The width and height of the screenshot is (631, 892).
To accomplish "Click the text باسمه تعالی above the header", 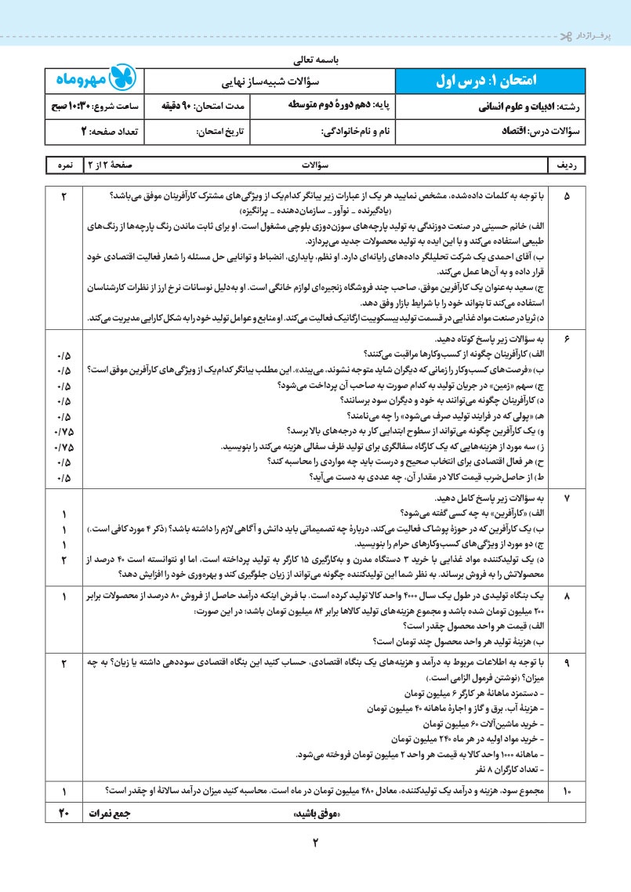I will click(316, 58).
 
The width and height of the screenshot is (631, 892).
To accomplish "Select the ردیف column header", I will click(567, 166).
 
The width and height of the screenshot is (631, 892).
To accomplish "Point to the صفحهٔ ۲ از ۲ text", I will click(117, 166).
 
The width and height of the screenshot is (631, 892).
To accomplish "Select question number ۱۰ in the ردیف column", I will click(567, 792).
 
